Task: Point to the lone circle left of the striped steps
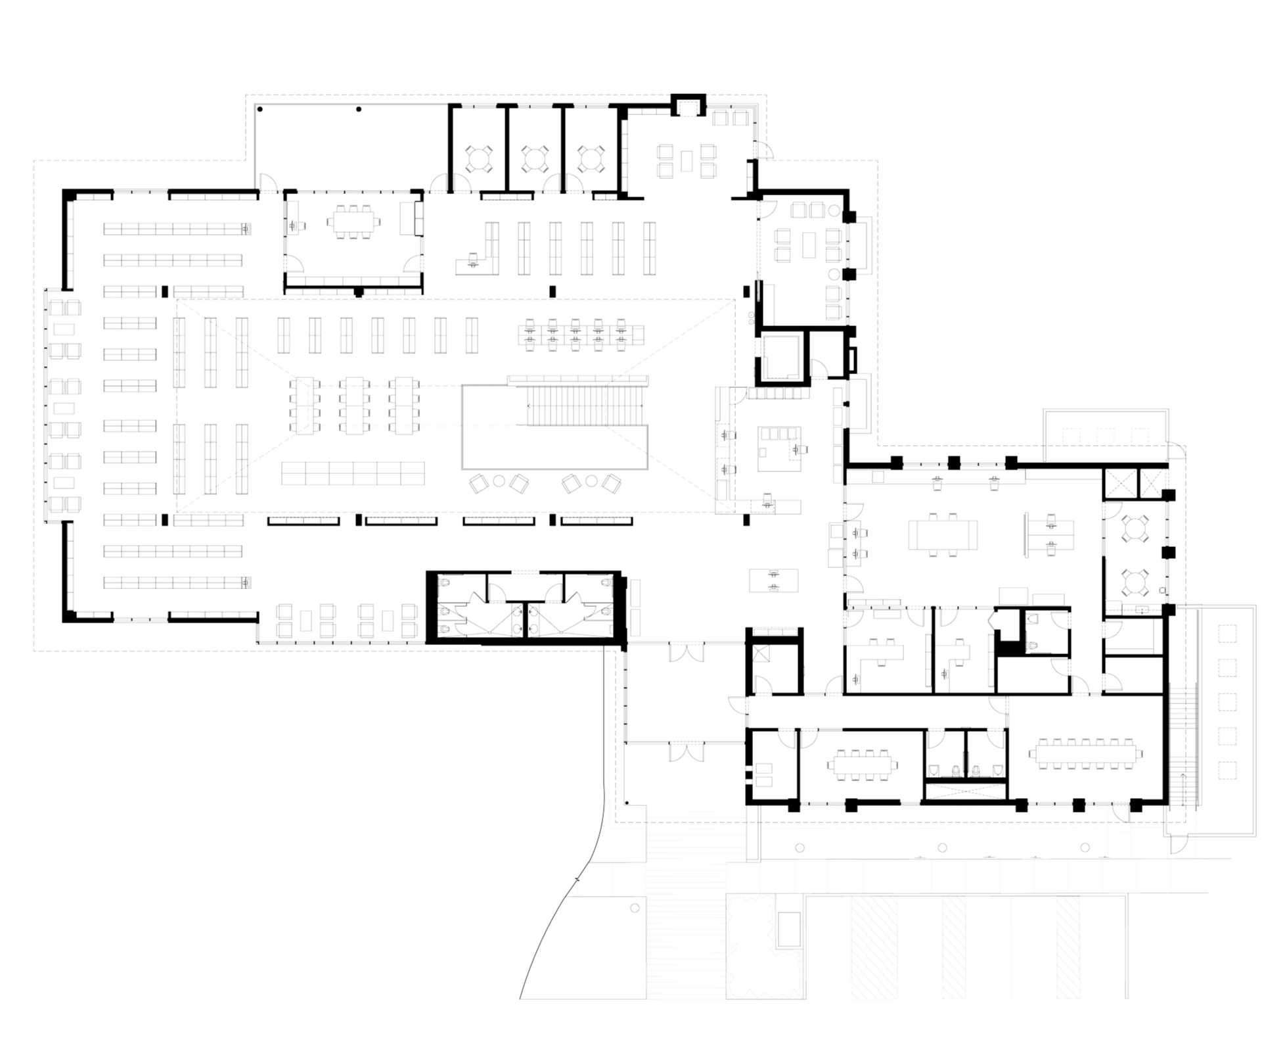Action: coord(634,908)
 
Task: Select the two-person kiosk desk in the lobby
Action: coord(775,580)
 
